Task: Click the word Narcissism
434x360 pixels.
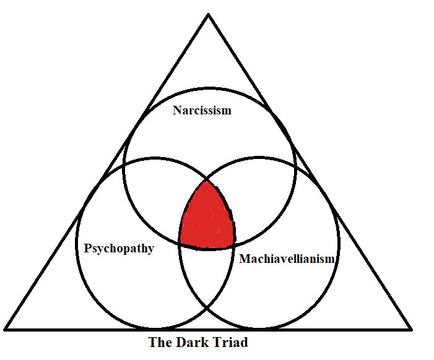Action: [x=202, y=110]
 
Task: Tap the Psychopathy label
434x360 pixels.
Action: [x=119, y=248]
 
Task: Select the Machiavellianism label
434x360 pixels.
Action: [x=287, y=259]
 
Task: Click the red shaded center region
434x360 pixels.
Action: [x=207, y=218]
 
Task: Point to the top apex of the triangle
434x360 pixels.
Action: [x=209, y=14]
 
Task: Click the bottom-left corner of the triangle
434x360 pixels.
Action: [x=5, y=329]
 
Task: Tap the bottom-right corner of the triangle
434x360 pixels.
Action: [x=412, y=329]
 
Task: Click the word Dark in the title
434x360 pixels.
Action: [x=191, y=342]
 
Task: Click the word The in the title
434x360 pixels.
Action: [x=160, y=342]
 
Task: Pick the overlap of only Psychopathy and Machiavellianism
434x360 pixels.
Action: [x=207, y=274]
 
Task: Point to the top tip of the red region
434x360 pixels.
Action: [x=207, y=181]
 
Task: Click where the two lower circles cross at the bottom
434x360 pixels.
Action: [x=207, y=307]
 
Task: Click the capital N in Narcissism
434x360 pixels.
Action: [x=178, y=110]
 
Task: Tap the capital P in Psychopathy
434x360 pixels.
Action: [x=87, y=248]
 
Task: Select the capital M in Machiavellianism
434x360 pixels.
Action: [x=245, y=259]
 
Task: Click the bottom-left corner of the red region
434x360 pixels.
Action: [x=181, y=243]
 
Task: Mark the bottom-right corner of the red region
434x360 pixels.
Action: [x=234, y=245]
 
